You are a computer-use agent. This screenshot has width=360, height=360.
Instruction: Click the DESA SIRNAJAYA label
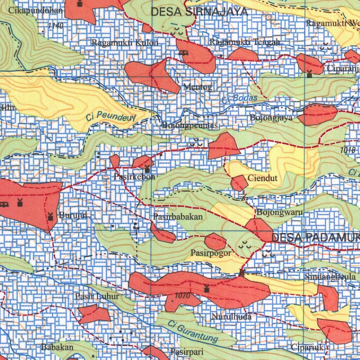tap(199, 12)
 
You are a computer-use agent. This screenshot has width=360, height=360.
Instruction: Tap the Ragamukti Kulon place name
tap(125, 43)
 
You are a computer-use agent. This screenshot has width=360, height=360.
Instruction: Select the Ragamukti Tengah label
tap(245, 42)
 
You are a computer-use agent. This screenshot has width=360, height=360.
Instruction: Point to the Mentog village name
tap(198, 87)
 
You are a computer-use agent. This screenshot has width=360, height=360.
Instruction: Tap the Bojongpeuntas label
tap(190, 126)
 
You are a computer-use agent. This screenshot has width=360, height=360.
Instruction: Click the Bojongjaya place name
tap(271, 118)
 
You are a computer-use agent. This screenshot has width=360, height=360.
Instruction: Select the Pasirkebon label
tap(134, 177)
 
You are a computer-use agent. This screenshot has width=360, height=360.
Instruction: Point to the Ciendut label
tap(263, 178)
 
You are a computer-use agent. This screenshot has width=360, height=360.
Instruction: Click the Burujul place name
tap(73, 215)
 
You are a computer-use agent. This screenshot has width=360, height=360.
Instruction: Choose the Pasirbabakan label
tap(178, 217)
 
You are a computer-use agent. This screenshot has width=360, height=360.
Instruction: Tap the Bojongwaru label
tap(280, 212)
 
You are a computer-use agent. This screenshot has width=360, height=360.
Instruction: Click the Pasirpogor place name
tap(211, 253)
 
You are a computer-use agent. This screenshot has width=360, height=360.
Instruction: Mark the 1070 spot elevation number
tap(182, 296)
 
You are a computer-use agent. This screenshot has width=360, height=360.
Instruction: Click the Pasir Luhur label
tap(97, 297)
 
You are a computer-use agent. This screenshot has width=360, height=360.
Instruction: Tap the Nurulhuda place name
tap(231, 317)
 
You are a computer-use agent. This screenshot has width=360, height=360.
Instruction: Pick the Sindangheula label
tap(330, 277)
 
